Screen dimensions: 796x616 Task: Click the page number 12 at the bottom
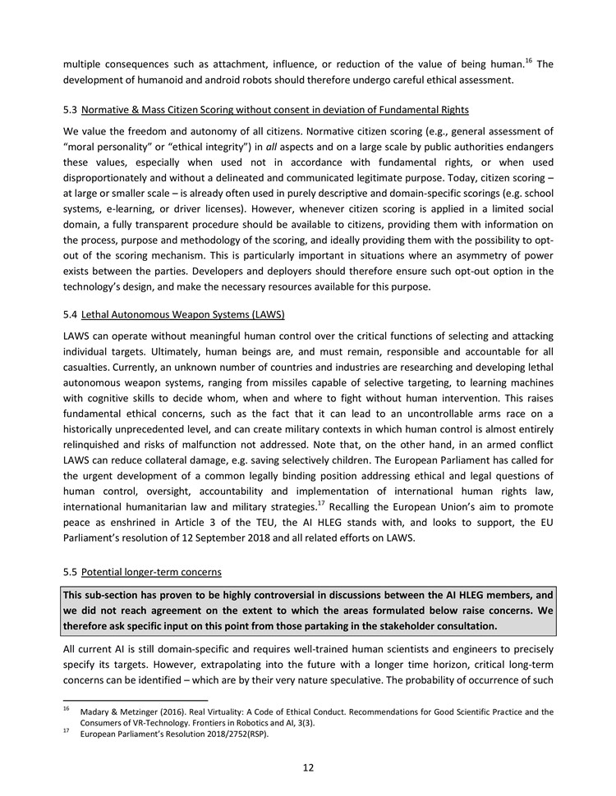[x=308, y=768]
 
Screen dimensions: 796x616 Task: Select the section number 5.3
[x=70, y=109]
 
